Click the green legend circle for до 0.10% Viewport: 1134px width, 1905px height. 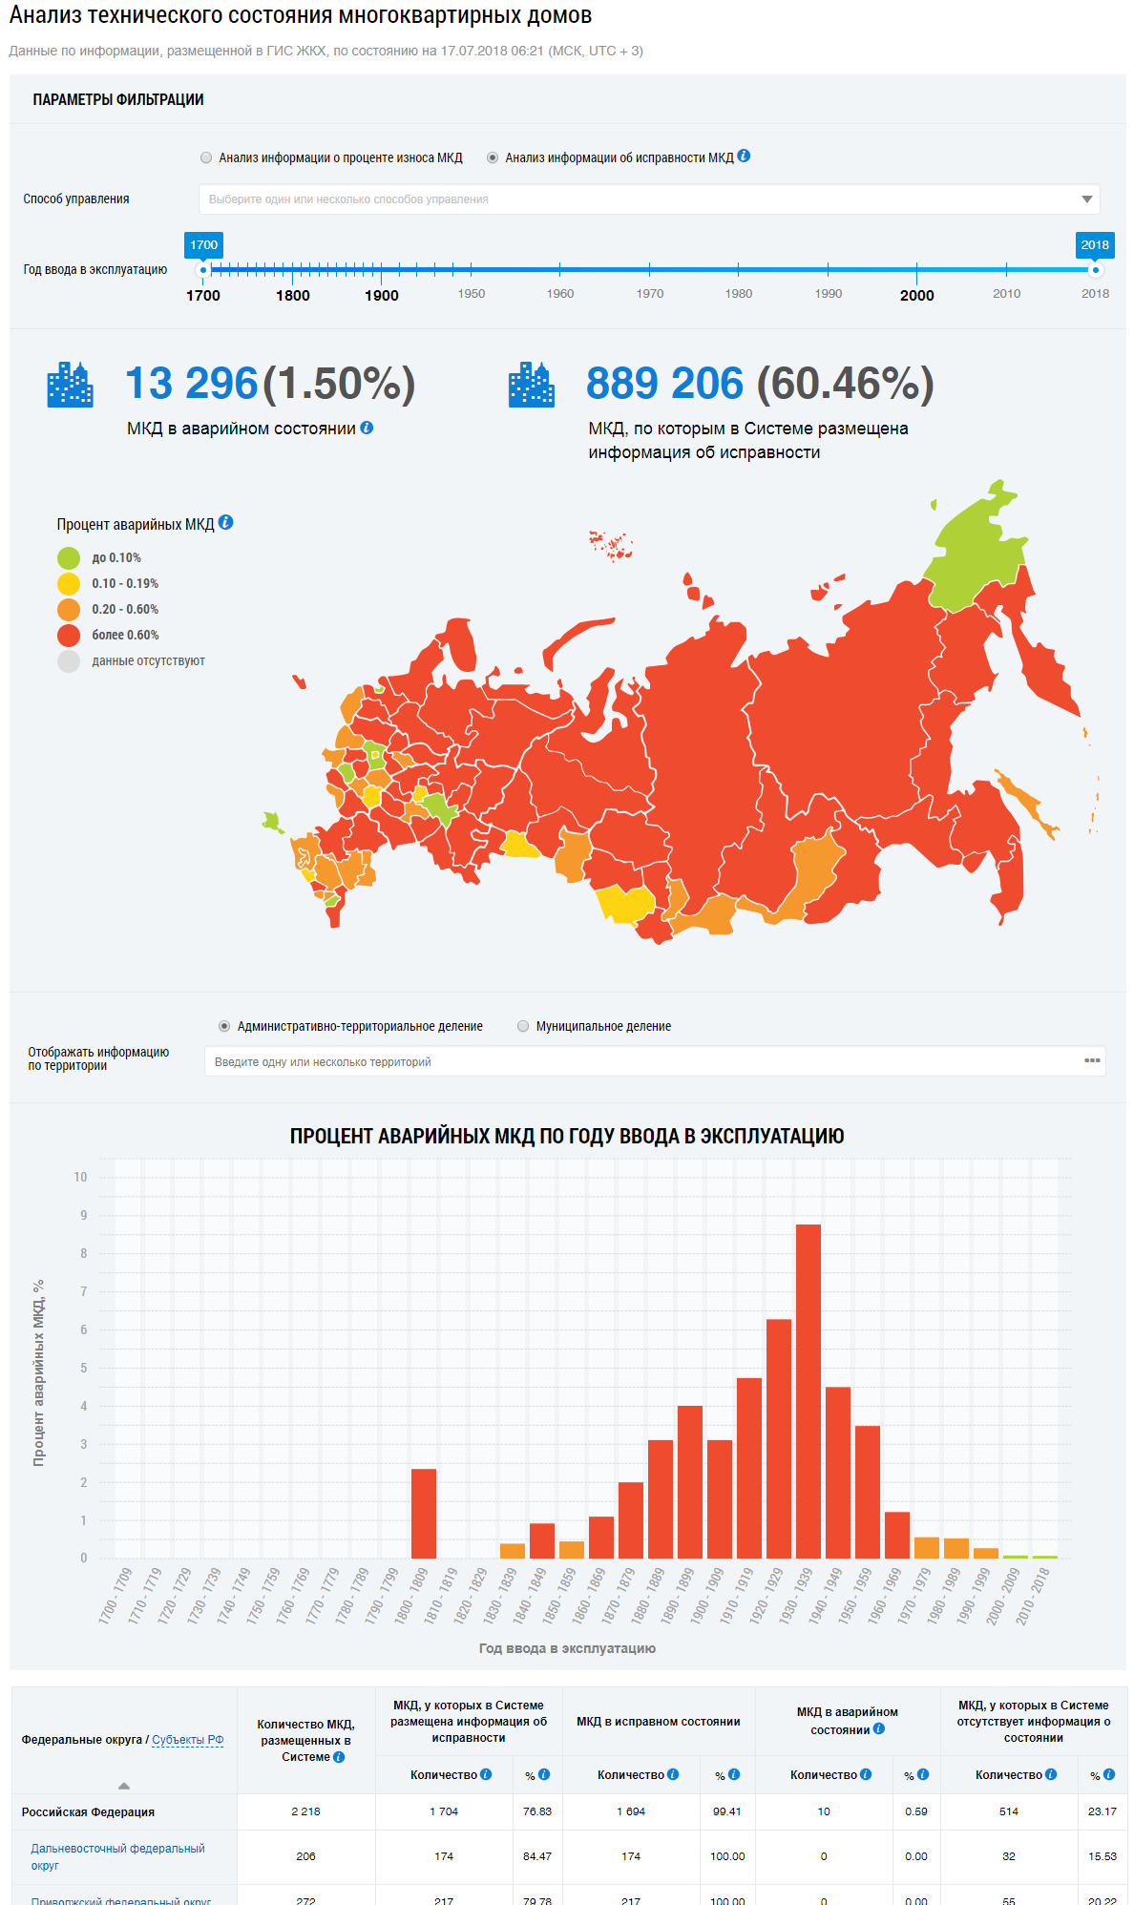point(69,558)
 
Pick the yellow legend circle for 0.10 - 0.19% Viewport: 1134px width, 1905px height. point(69,584)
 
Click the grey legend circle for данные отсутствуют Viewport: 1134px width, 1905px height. point(69,661)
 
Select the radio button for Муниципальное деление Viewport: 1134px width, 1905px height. point(523,1026)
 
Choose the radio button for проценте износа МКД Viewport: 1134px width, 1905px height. point(206,157)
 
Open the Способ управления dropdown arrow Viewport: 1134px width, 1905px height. point(1086,199)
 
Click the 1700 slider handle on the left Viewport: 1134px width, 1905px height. point(203,270)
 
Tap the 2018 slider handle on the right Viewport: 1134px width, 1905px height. point(1095,270)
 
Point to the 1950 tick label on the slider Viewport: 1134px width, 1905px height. point(472,294)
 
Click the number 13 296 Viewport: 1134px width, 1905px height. point(191,384)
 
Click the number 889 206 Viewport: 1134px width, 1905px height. point(664,384)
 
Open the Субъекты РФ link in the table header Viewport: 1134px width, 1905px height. point(188,1740)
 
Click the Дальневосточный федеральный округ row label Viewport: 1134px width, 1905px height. point(117,1856)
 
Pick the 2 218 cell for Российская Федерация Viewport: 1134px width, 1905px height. point(305,1811)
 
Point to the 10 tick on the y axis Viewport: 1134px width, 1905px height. point(81,1177)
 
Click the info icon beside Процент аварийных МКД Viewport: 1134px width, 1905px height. point(226,523)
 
